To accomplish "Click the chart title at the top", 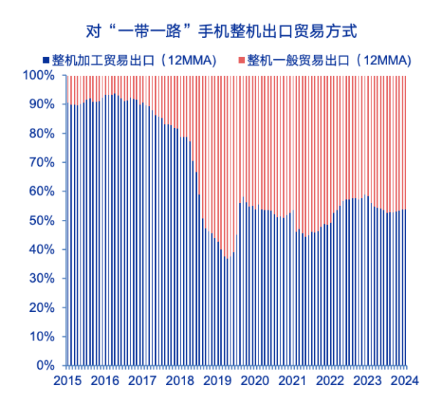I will pyautogui.click(x=220, y=31).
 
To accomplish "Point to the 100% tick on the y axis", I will pyautogui.click(x=40, y=75).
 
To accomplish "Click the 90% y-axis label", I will pyautogui.click(x=42, y=104).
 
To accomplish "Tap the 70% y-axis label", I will pyautogui.click(x=42, y=162).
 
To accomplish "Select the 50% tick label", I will pyautogui.click(x=42, y=220).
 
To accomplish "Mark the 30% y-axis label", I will pyautogui.click(x=42, y=278).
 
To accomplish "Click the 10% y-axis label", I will pyautogui.click(x=42, y=336).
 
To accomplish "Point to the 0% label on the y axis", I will pyautogui.click(x=45, y=365).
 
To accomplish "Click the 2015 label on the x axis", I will pyautogui.click(x=67, y=381).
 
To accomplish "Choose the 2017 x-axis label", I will pyautogui.click(x=143, y=381).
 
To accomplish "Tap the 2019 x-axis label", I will pyautogui.click(x=217, y=381).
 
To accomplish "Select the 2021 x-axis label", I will pyautogui.click(x=292, y=381).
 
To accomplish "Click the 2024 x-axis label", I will pyautogui.click(x=405, y=381).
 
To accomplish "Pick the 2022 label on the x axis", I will pyautogui.click(x=330, y=381).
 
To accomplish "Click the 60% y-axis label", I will pyautogui.click(x=42, y=191).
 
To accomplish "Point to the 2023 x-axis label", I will pyautogui.click(x=367, y=381).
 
